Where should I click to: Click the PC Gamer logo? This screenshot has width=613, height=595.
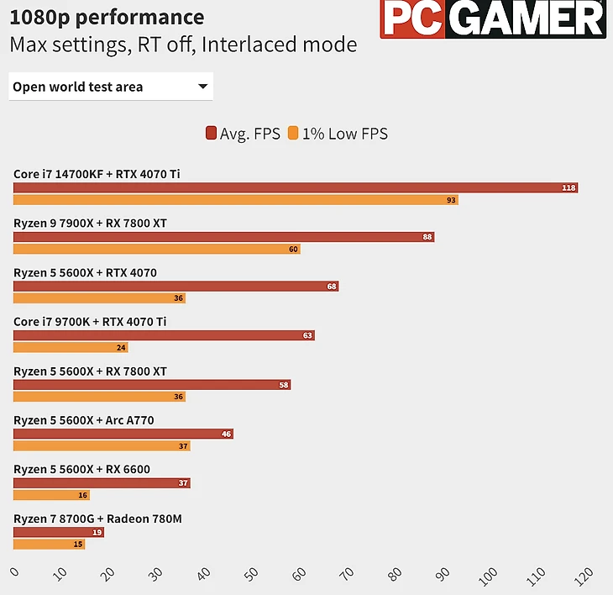492,19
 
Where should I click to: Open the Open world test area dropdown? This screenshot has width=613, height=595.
111,87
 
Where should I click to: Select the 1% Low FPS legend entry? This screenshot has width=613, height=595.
338,133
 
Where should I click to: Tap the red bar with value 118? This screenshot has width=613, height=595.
295,187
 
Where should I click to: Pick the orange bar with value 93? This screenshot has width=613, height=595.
235,200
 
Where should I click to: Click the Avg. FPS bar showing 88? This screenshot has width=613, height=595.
223,237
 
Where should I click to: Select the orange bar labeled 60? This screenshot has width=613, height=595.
156,249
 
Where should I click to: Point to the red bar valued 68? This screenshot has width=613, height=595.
176,286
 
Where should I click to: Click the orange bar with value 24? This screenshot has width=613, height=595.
71,347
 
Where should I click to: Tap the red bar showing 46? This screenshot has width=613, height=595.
123,434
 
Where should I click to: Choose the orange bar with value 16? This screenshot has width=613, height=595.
51,495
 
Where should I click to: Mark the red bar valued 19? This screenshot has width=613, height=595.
58,532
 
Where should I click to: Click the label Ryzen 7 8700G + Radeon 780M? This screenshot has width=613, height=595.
97,519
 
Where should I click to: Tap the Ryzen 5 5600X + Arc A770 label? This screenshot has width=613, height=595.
83,420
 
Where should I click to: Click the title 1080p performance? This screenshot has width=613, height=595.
107,17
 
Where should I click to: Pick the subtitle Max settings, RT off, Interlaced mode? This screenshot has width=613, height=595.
183,45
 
